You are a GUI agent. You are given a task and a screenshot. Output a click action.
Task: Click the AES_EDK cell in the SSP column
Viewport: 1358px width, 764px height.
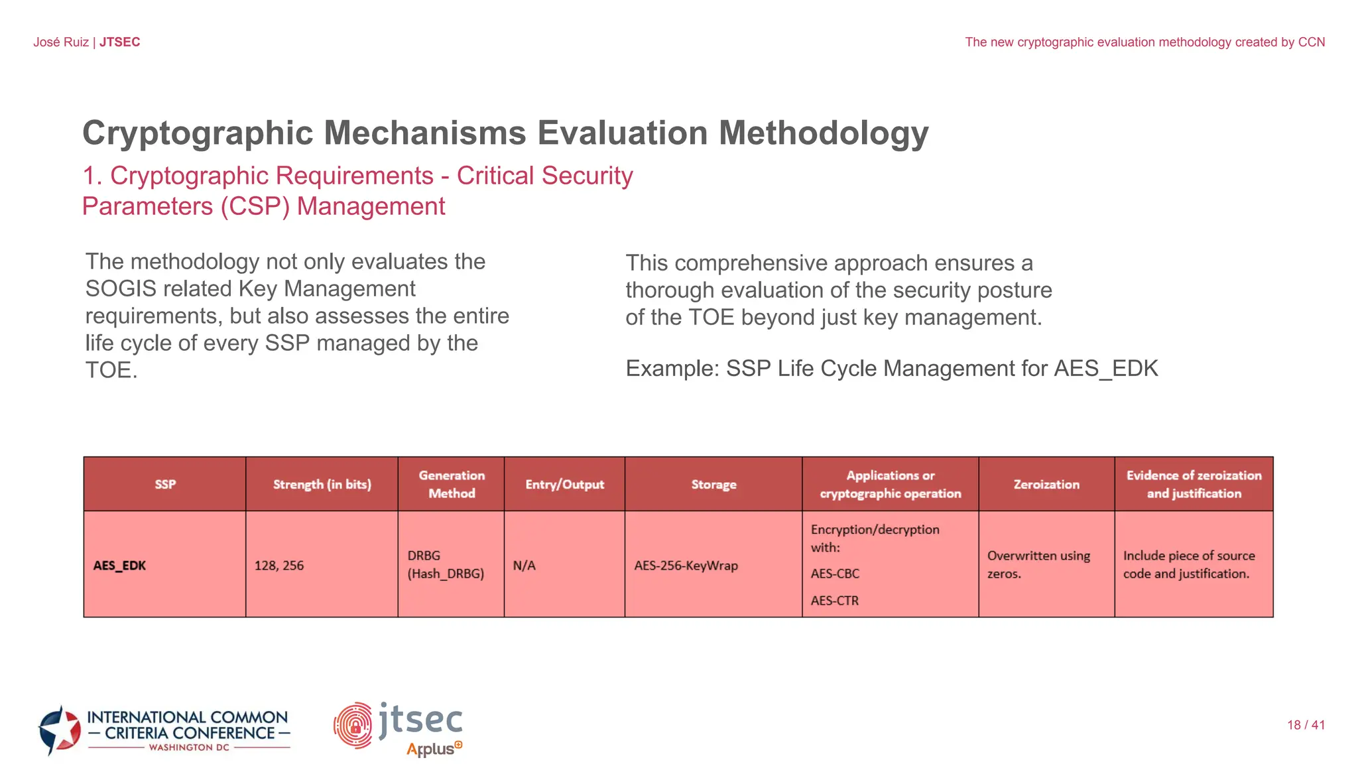click(x=120, y=566)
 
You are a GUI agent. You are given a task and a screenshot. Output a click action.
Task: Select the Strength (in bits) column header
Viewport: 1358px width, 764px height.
click(x=322, y=485)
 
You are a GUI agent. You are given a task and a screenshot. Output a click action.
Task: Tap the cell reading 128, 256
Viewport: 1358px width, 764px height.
click(x=279, y=566)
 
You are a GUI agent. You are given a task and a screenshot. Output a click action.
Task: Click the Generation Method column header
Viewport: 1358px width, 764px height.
click(x=452, y=484)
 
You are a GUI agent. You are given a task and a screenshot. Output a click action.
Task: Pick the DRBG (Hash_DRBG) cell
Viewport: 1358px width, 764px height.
click(x=446, y=565)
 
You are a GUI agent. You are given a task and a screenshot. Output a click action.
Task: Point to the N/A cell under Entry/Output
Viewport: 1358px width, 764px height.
click(x=524, y=566)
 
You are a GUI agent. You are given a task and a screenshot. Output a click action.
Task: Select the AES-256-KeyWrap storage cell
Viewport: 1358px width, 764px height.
click(x=686, y=566)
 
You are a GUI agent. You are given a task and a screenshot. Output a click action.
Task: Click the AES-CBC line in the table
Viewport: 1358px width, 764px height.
click(x=835, y=574)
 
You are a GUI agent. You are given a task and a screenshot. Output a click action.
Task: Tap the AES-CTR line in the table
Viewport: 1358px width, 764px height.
click(x=834, y=601)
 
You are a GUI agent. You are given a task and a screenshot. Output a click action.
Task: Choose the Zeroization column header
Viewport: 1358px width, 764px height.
click(x=1046, y=485)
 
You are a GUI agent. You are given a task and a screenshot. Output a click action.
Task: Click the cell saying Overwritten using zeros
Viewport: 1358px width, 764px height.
click(x=1038, y=564)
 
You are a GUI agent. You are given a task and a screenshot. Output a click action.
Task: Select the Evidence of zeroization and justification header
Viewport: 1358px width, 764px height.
click(x=1194, y=484)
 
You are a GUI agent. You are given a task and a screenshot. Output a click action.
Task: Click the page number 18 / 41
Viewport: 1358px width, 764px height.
click(x=1306, y=725)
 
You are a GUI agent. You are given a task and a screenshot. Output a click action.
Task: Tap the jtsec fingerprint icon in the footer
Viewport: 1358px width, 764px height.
click(x=353, y=726)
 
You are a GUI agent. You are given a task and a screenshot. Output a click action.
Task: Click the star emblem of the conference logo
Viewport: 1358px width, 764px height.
click(x=60, y=730)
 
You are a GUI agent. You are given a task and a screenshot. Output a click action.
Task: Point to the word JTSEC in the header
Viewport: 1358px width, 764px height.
click(x=120, y=42)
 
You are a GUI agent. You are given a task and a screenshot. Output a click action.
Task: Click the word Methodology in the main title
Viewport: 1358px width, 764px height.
click(x=824, y=133)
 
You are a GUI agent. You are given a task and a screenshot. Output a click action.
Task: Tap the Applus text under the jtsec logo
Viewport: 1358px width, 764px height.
click(x=432, y=749)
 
